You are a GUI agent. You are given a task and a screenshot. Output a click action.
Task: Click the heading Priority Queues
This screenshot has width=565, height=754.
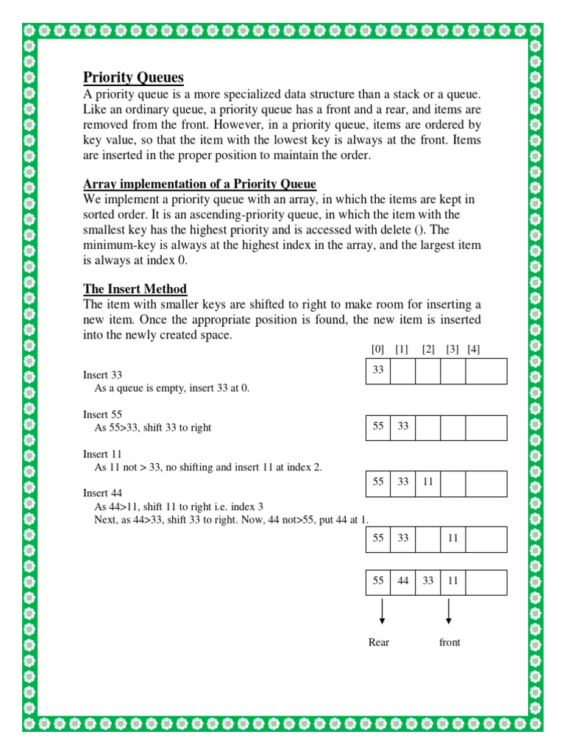pyautogui.click(x=133, y=78)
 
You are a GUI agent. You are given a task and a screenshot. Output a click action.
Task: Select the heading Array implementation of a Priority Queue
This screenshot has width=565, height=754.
pyautogui.click(x=199, y=184)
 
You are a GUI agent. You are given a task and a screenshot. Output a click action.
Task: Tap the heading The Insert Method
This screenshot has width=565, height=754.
pyautogui.click(x=135, y=289)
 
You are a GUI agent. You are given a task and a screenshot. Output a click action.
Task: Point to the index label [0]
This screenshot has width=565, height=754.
pyautogui.click(x=378, y=350)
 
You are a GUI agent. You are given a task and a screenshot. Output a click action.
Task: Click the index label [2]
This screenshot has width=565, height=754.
pyautogui.click(x=428, y=350)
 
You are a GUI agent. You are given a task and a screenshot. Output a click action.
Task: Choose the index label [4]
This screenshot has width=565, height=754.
pyautogui.click(x=473, y=350)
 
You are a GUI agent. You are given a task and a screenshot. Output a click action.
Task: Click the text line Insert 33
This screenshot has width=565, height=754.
pyautogui.click(x=102, y=375)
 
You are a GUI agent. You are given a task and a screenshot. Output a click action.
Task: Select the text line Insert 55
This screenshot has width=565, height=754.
pyautogui.click(x=102, y=415)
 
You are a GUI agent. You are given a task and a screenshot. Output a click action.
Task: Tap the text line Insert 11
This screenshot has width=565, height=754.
pyautogui.click(x=102, y=454)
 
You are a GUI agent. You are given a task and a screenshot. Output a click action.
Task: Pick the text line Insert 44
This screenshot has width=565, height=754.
pyautogui.click(x=102, y=493)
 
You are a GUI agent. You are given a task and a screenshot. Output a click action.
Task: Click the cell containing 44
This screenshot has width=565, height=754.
pyautogui.click(x=403, y=581)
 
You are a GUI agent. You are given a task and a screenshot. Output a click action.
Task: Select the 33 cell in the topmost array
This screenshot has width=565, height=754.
pyautogui.click(x=378, y=370)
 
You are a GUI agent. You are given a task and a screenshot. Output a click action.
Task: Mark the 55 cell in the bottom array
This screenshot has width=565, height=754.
pyautogui.click(x=378, y=581)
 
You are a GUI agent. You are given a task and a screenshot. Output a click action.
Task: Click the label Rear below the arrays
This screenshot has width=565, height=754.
pyautogui.click(x=379, y=642)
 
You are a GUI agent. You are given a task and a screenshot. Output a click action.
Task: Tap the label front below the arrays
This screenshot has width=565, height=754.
pyautogui.click(x=449, y=642)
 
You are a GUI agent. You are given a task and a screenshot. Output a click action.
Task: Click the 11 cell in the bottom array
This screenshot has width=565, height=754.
pyautogui.click(x=453, y=581)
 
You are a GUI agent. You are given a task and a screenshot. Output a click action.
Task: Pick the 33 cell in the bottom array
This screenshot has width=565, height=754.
pyautogui.click(x=428, y=581)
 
